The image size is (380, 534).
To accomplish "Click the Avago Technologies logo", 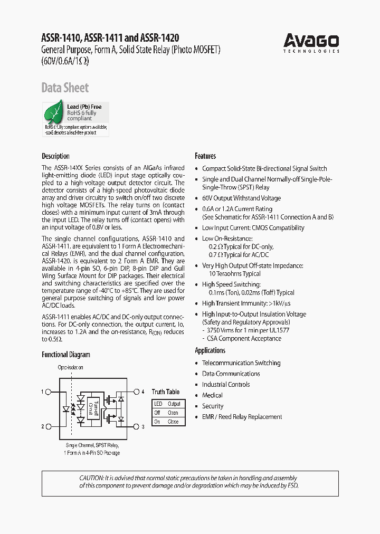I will (311, 42).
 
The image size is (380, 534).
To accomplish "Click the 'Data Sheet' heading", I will (65, 88).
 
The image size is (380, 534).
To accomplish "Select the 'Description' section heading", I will (55, 156).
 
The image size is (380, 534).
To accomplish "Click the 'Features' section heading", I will (205, 156).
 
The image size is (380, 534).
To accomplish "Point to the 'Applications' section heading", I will (210, 350).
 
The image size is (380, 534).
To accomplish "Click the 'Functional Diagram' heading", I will (66, 355).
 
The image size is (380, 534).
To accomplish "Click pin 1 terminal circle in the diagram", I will (49, 392).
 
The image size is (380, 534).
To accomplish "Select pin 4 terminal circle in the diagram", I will (136, 392).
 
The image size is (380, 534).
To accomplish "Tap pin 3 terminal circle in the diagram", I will (136, 426).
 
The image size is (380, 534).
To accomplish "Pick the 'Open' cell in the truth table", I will (173, 413).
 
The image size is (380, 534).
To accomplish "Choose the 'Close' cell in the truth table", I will (173, 422).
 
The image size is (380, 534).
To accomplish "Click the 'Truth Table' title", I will (166, 392).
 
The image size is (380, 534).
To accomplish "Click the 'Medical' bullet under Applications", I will (212, 395).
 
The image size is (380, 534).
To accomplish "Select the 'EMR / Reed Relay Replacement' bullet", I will (242, 417).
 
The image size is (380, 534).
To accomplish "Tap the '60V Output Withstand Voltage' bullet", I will (241, 198).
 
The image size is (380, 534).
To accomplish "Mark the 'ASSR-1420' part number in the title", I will (159, 38).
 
